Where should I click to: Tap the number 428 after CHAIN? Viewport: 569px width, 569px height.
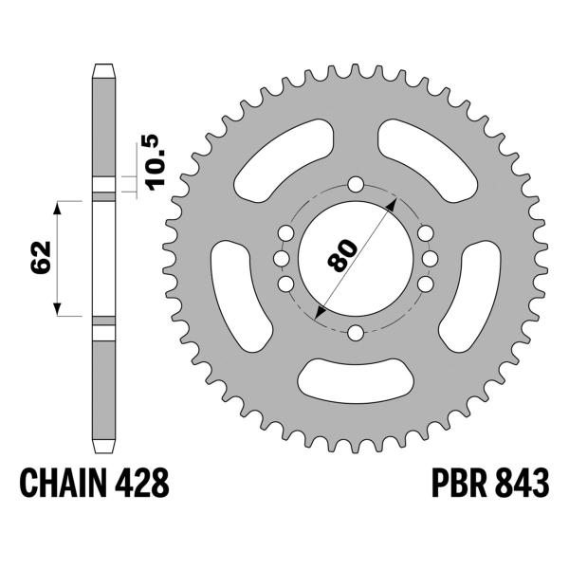point(144,486)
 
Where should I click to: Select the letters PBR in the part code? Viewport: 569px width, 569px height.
point(444,486)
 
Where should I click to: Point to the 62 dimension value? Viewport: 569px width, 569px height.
point(39,258)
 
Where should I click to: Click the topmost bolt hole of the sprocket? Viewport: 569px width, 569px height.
point(355,184)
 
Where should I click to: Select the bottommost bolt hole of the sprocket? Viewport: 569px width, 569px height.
point(355,332)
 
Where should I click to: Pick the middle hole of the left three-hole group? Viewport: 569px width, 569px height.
point(281,258)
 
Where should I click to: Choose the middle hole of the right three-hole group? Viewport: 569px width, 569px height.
point(429,258)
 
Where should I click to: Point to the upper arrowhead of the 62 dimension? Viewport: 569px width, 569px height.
point(58,207)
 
